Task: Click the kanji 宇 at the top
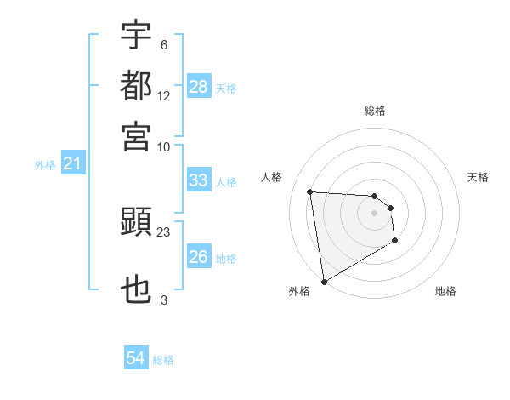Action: (x=137, y=36)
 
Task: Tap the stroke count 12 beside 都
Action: (x=164, y=96)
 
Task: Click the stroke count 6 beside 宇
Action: (x=163, y=44)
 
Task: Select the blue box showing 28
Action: (x=199, y=86)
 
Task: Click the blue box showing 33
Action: (x=199, y=180)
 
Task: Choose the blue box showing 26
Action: (x=199, y=257)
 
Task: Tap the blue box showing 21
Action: (x=72, y=163)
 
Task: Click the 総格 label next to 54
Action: (x=163, y=360)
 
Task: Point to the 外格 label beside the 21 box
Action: (x=45, y=165)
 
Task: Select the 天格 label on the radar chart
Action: (x=478, y=177)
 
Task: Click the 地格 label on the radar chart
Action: (x=445, y=291)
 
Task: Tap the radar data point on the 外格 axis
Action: (x=324, y=282)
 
